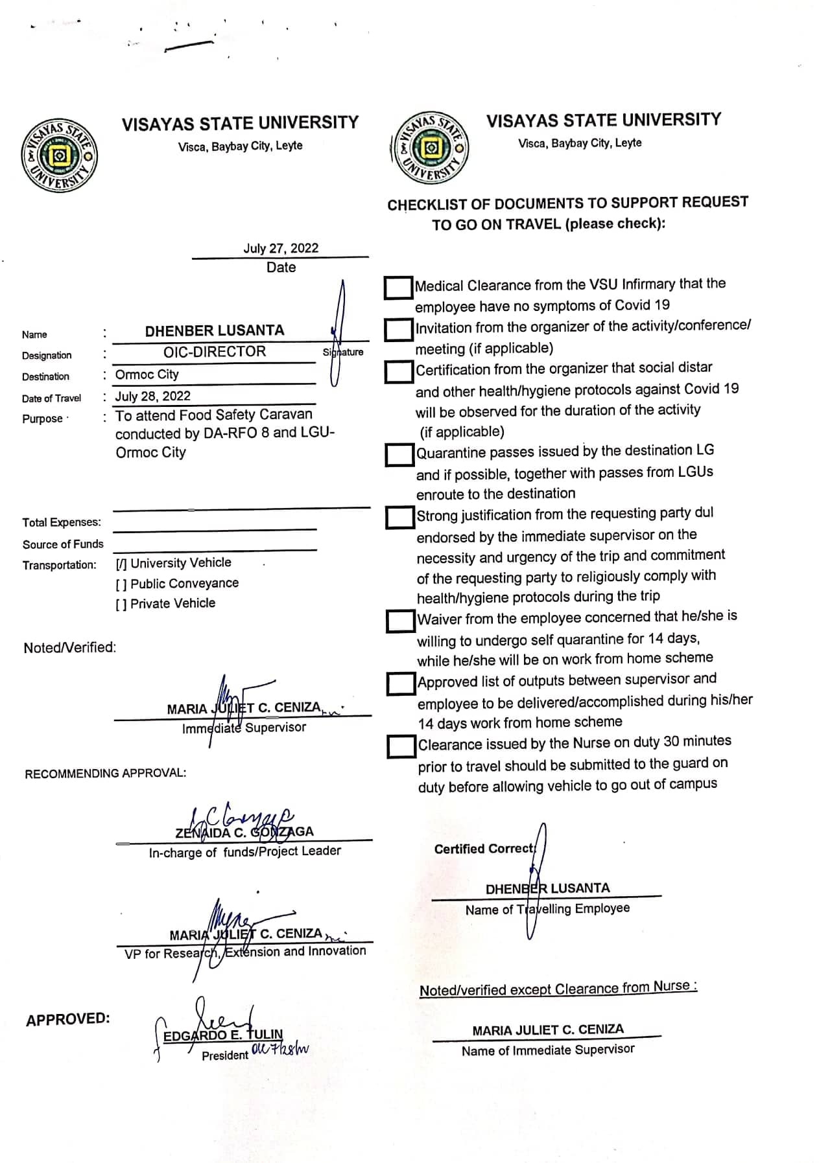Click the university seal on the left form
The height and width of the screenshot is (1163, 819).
coord(59,155)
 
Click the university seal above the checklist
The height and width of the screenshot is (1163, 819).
coord(430,148)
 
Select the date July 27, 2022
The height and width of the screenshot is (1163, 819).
coord(281,248)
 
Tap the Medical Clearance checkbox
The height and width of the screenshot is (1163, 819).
coord(398,288)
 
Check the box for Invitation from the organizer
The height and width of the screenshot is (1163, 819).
coord(398,329)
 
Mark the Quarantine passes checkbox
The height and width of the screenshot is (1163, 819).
coord(399,454)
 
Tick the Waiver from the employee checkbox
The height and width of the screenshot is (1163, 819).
coord(400,621)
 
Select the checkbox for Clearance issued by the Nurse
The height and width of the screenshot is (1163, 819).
coord(401,746)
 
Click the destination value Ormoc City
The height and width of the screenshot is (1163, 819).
coord(147,374)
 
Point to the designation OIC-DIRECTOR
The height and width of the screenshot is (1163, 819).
coord(215,352)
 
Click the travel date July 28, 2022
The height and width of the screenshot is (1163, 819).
coord(153,396)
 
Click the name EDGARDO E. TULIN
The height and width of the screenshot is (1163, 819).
coord(223,1035)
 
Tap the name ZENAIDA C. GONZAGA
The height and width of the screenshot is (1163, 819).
coord(244,832)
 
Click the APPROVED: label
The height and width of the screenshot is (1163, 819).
coord(68,1019)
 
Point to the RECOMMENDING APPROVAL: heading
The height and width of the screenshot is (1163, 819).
coord(105,774)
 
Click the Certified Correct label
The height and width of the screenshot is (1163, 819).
coord(484,849)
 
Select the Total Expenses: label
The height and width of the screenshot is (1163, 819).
coord(62,522)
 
